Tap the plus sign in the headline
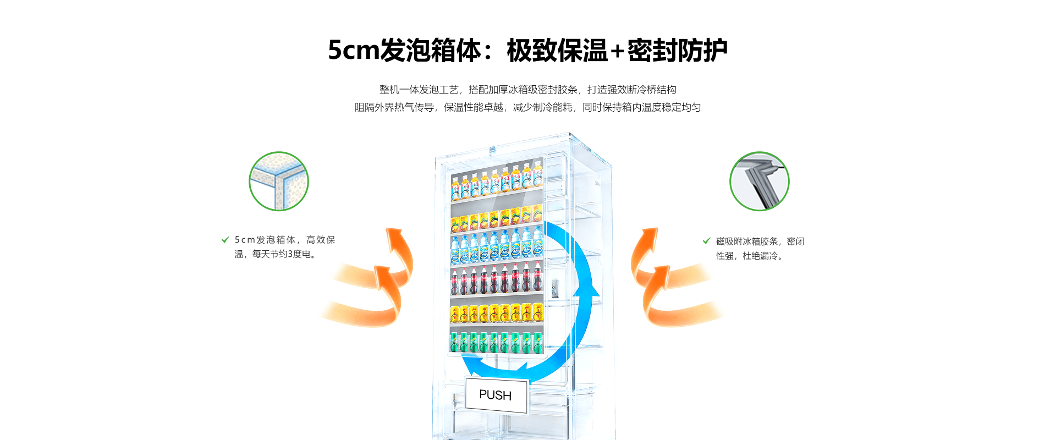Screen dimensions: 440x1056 [617, 51]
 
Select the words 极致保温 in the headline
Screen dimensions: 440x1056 [557, 51]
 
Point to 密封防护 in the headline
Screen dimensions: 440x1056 [678, 51]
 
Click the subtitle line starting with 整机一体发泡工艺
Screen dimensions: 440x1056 [527, 90]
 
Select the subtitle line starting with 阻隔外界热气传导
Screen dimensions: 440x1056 [527, 107]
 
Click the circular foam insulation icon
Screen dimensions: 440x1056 [279, 181]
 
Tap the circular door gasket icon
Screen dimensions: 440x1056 [759, 181]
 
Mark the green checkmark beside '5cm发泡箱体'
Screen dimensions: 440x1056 [225, 240]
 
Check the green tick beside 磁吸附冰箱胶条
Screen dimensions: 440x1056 [706, 241]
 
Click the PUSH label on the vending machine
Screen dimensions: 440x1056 [496, 395]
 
